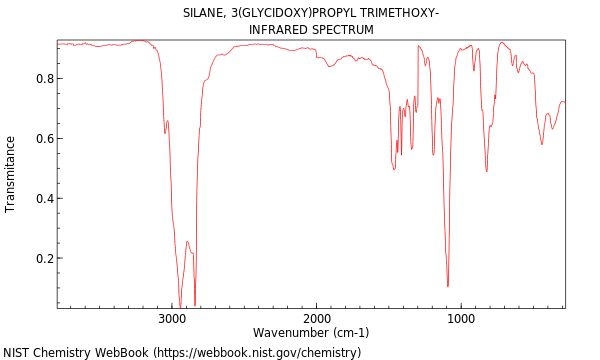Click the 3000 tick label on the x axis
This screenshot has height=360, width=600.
pos(172,318)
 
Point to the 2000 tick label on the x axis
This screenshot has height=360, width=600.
pos(317,318)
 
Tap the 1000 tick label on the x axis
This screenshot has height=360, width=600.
pos(462,318)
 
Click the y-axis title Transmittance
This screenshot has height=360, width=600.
pos(11,174)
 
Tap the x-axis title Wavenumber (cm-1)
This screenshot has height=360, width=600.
pos(311,333)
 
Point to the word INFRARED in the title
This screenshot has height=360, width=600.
pos(280,30)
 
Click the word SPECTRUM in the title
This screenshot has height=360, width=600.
pos(344,30)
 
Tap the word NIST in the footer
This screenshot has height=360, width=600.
pos(17,353)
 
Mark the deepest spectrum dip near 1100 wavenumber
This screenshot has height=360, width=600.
pos(448,286)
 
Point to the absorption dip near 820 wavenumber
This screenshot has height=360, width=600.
pos(487,171)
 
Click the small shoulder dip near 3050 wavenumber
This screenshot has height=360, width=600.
pos(165,133)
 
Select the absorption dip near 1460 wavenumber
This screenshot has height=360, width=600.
pos(394,168)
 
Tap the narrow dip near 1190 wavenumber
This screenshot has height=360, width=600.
pos(433,154)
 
